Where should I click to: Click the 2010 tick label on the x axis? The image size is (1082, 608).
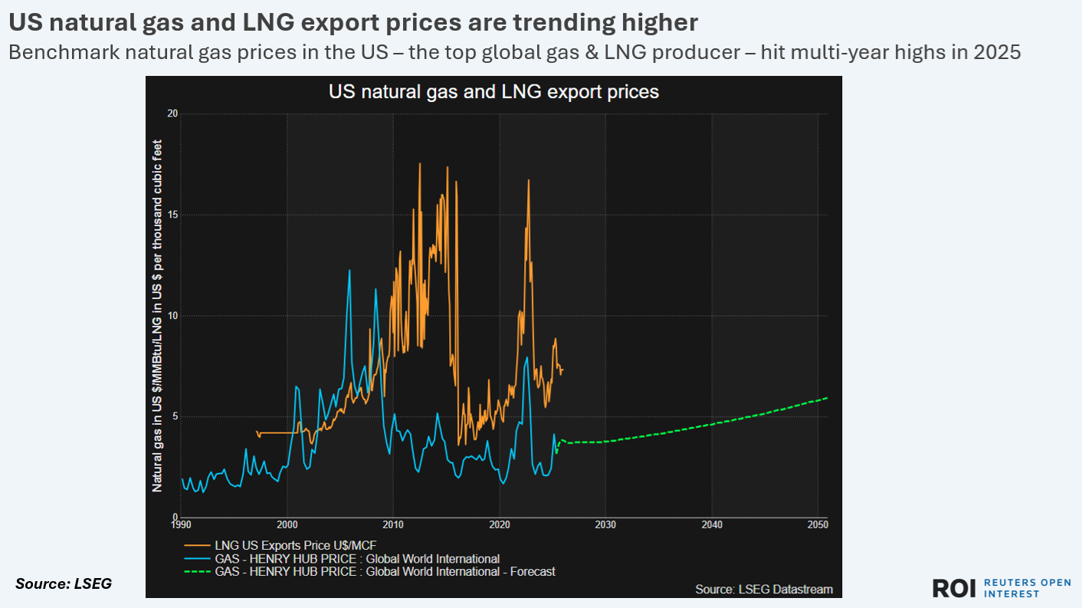click(x=393, y=525)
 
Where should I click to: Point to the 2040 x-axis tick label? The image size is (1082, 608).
click(x=712, y=525)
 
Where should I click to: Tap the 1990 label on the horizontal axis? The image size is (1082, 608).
click(x=182, y=525)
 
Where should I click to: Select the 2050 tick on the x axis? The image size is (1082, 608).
click(x=818, y=525)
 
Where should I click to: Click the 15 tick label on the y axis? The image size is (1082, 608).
click(x=172, y=215)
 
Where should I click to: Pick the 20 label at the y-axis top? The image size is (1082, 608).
click(x=172, y=113)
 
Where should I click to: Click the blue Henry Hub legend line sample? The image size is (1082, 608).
click(x=197, y=558)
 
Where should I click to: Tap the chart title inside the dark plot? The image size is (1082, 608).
click(x=493, y=92)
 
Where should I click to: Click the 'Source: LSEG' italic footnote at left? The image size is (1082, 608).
click(x=64, y=584)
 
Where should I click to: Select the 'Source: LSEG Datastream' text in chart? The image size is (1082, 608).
click(x=763, y=590)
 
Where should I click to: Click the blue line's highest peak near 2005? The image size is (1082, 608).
click(x=349, y=270)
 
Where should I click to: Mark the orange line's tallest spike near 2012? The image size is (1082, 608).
click(x=420, y=163)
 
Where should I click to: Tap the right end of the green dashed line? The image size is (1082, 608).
click(x=827, y=398)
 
